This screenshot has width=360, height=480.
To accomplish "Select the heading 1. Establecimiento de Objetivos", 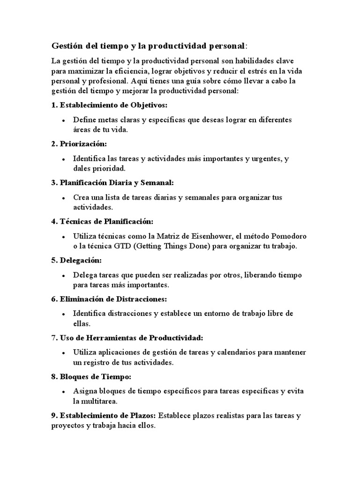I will point(109,105).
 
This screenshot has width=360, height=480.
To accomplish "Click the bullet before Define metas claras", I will point(63,120).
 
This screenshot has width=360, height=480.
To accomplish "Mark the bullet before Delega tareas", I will point(63,276).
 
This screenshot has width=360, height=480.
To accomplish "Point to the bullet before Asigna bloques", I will point(63,392).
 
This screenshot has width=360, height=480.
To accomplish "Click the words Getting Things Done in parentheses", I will point(178,246).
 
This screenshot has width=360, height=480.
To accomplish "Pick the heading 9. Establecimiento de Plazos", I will point(104,415).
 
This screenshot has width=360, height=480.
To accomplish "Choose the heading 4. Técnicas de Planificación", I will point(103,221).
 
